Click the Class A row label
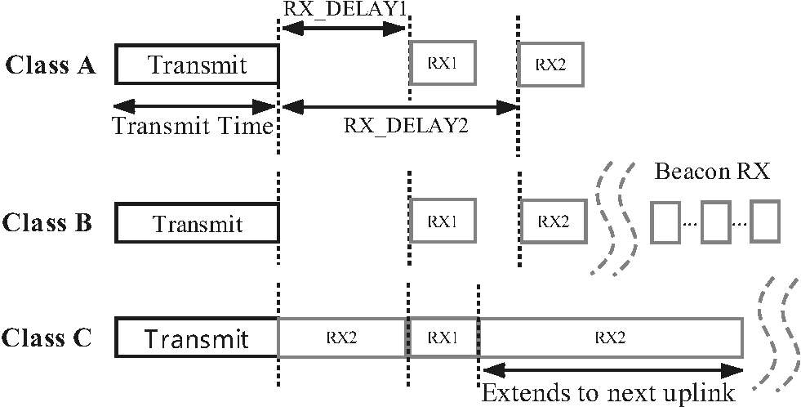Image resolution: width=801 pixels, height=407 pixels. click(x=51, y=65)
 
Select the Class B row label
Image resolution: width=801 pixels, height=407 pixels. click(x=51, y=222)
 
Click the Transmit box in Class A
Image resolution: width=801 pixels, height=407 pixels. click(x=197, y=65)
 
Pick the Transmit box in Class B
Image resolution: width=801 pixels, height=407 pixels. click(x=197, y=223)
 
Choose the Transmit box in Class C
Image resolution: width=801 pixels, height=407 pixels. click(x=197, y=338)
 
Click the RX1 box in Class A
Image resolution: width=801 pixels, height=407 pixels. click(x=443, y=63)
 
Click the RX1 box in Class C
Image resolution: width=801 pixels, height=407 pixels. click(x=442, y=338)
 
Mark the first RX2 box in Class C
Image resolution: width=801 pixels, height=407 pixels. click(x=342, y=338)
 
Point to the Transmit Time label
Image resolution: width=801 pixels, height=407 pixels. click(x=192, y=127)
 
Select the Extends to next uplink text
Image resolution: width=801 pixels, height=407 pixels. click(x=608, y=392)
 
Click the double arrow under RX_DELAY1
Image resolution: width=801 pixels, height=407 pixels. click(x=342, y=29)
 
